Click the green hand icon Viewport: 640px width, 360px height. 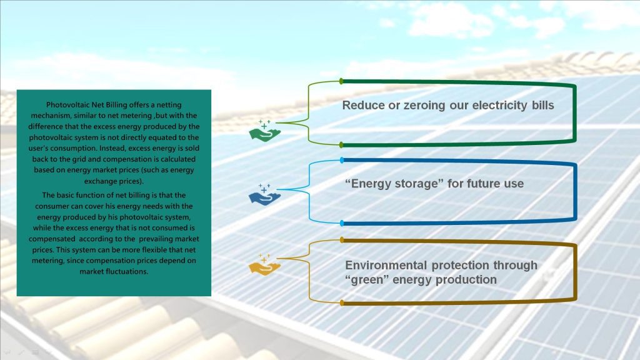[x=264, y=131]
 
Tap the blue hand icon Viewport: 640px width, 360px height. [x=264, y=195]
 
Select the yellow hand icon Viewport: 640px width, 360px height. [x=264, y=264]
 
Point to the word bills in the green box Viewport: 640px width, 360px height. [x=543, y=105]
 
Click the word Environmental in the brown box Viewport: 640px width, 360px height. [x=386, y=265]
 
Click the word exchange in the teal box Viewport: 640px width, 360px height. [x=97, y=181]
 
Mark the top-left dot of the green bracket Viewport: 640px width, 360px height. [x=342, y=82]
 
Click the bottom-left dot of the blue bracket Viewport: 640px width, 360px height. [x=342, y=223]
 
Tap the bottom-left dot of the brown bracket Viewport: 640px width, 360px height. [x=342, y=303]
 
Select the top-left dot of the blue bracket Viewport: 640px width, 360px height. [x=342, y=161]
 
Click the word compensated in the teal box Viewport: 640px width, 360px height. [x=52, y=239]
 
